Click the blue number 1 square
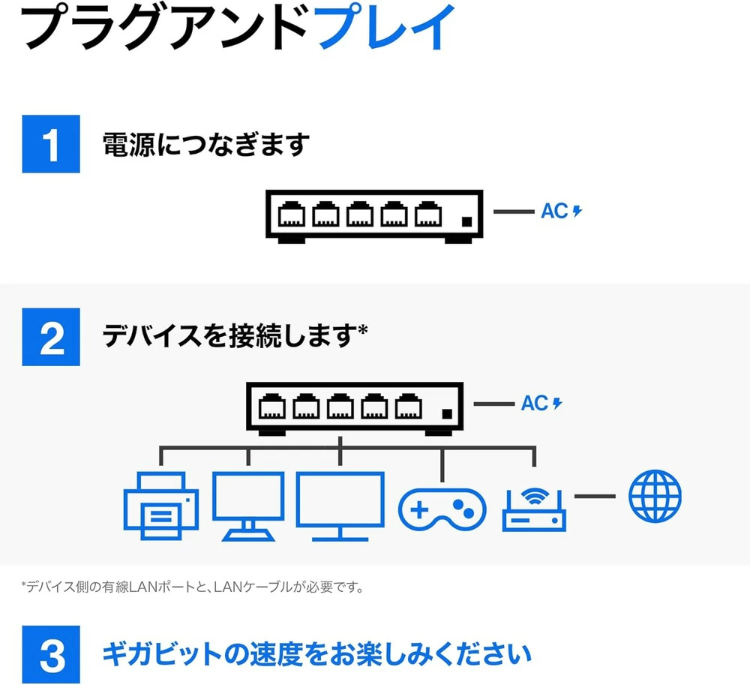(x=51, y=144)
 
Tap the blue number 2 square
(x=51, y=337)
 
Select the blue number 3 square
(x=51, y=654)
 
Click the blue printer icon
(x=160, y=506)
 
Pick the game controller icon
(x=442, y=509)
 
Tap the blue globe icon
(x=655, y=496)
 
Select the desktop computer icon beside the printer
(x=248, y=506)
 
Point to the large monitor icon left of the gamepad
(x=340, y=506)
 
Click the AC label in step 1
(x=555, y=211)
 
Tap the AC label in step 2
(x=535, y=403)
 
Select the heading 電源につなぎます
(x=206, y=144)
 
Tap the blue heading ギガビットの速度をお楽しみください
(x=317, y=654)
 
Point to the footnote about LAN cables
(x=192, y=587)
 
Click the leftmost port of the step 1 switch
(x=292, y=214)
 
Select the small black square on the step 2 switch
(x=447, y=414)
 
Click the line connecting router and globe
(x=595, y=497)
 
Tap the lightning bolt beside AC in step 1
(x=577, y=211)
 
